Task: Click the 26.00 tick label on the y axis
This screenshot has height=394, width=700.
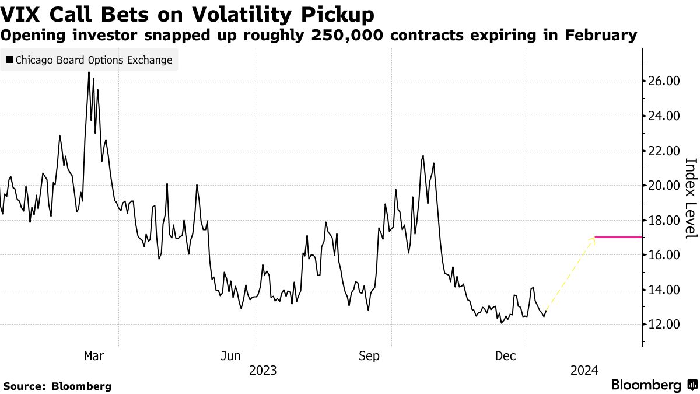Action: (664, 81)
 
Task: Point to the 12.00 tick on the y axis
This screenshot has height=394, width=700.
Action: (664, 325)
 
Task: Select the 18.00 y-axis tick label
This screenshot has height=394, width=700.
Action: (664, 221)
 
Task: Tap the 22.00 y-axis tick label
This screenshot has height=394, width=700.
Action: (664, 151)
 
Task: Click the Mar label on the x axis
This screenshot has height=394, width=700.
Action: (94, 355)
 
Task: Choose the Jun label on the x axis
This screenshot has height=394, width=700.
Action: (231, 355)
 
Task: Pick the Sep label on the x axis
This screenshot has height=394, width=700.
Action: (369, 355)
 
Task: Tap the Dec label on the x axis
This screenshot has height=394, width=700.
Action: (505, 355)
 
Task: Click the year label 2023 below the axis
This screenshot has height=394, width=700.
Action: (262, 370)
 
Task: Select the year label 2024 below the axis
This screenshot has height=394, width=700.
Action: (584, 370)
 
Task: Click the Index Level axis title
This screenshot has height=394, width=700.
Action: (690, 198)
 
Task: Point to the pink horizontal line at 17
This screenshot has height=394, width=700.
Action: (618, 238)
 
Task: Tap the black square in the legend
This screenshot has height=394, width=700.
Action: (10, 60)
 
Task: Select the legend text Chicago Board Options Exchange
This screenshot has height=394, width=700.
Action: (94, 60)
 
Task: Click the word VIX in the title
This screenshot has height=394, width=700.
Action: (23, 13)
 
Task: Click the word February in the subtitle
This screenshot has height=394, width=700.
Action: (600, 35)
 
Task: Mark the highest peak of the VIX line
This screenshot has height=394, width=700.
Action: (89, 72)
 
